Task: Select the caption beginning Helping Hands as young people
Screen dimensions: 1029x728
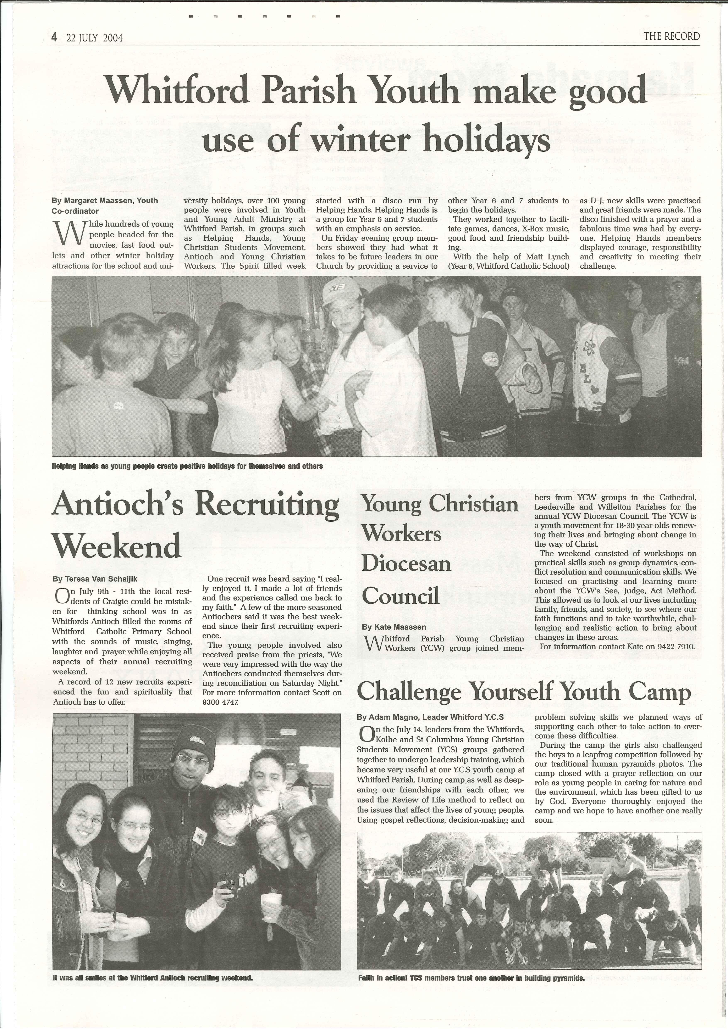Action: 187,466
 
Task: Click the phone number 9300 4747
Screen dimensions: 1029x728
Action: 221,702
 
